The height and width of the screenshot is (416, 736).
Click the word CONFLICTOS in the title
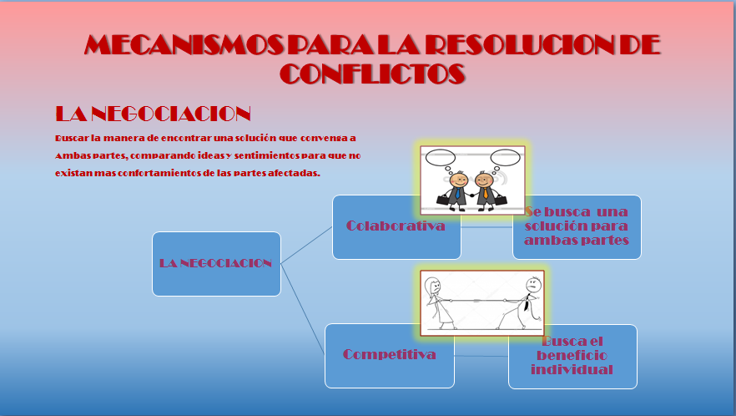point(372,74)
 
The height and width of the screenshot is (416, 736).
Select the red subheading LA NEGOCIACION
point(153,114)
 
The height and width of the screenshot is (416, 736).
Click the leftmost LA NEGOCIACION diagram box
point(216,263)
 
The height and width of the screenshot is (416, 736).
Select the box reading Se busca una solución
point(577,226)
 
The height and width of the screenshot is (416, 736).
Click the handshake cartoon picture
point(472,178)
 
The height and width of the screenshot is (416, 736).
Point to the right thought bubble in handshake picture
point(505,156)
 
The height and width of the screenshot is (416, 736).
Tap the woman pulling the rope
point(437,301)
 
